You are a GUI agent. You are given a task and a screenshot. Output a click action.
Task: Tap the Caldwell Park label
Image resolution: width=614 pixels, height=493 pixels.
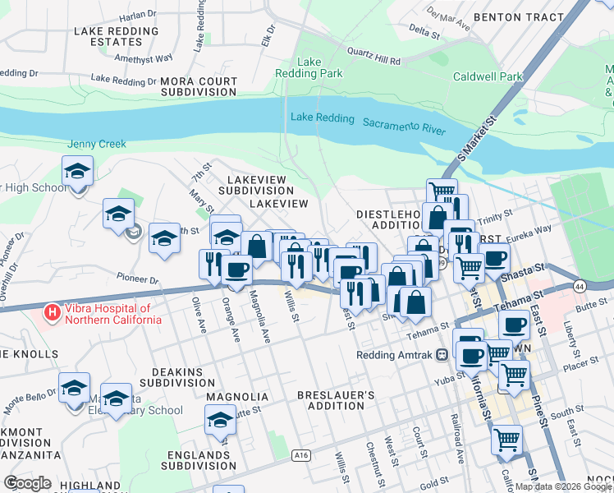pyautogui.click(x=488, y=77)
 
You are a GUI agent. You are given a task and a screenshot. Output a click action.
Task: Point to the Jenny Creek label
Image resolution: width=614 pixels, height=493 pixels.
pyautogui.click(x=97, y=144)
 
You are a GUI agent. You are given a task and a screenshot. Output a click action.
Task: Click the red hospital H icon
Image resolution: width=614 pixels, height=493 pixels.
pyautogui.click(x=52, y=312)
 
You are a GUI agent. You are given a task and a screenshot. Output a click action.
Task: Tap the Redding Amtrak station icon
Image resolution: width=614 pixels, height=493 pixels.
pyautogui.click(x=442, y=355)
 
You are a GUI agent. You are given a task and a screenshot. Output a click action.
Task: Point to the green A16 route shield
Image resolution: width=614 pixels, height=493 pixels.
pyautogui.click(x=300, y=454)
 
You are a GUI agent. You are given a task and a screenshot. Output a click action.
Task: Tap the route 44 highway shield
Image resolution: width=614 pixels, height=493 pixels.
pyautogui.click(x=580, y=286)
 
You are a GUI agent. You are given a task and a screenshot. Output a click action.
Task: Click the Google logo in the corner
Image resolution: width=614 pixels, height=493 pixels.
pyautogui.click(x=27, y=483)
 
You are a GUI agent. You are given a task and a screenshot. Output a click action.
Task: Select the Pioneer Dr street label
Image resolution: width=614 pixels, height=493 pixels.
pyautogui.click(x=136, y=279)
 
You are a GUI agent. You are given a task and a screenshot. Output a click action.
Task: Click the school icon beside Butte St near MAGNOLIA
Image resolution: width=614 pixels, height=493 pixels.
pyautogui.click(x=220, y=420)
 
